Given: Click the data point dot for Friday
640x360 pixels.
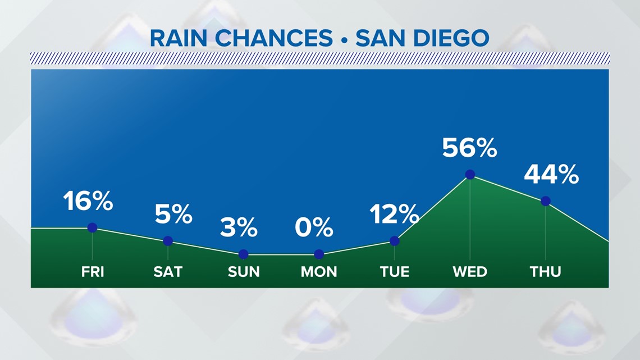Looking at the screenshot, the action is [x=92, y=228].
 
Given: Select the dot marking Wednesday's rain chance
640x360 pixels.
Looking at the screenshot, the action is [x=470, y=175].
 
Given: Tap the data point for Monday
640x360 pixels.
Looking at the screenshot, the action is [x=319, y=254].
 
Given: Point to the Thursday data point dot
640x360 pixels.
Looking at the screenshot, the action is [x=546, y=201].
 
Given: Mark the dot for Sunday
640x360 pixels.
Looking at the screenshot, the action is [x=243, y=254].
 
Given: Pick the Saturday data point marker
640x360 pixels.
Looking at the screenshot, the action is [x=168, y=241].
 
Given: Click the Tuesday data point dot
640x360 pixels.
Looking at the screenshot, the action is [x=395, y=241].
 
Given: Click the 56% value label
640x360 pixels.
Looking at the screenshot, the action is [x=470, y=148].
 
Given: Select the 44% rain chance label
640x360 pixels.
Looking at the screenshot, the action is [x=551, y=174].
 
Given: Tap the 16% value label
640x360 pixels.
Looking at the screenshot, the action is [x=88, y=201].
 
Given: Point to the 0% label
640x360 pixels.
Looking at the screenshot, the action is [x=314, y=227].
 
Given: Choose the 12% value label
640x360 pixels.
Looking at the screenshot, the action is [x=394, y=214].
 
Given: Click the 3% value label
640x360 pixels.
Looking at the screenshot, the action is [x=239, y=227].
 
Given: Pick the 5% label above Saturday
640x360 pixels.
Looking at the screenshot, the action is [x=173, y=214].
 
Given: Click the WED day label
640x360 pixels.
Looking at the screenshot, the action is [x=470, y=272].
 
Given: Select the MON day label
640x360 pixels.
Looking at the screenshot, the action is [x=319, y=272].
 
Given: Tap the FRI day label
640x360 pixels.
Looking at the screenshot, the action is [x=93, y=272].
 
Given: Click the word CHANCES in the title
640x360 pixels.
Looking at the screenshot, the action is [x=274, y=38].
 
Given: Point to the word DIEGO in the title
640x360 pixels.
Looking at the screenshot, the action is [x=451, y=38].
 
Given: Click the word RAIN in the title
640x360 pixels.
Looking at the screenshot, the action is [x=179, y=38].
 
